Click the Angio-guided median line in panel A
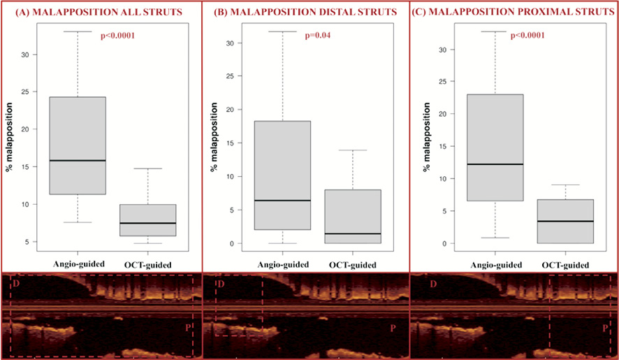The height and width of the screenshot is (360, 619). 77,161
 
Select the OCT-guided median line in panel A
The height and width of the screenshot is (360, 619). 147,223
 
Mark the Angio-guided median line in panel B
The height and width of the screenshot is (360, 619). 282,201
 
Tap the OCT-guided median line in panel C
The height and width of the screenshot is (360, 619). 565,221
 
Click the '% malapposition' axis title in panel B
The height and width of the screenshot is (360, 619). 215,137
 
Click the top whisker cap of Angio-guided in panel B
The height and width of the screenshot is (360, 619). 282,31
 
